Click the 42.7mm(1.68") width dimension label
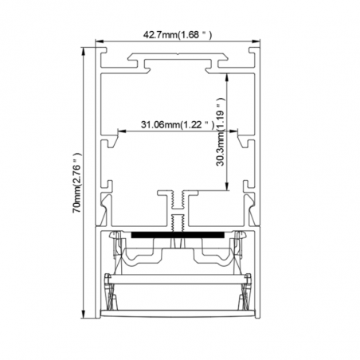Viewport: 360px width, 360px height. pos(178,35)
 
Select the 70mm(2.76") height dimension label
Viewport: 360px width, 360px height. pos(76,183)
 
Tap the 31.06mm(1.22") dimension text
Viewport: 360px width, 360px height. pos(178,124)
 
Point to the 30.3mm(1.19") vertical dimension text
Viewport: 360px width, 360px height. pos(221,131)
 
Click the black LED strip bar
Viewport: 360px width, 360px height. pos(178,235)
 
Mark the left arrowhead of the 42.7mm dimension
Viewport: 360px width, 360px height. pos(100,41)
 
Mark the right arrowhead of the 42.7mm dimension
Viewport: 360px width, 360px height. pos(256,41)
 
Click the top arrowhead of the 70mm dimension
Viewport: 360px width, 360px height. pos(84,52)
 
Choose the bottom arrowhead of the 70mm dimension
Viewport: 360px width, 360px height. pos(84,314)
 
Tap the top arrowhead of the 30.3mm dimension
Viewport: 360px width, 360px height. pos(227,76)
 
